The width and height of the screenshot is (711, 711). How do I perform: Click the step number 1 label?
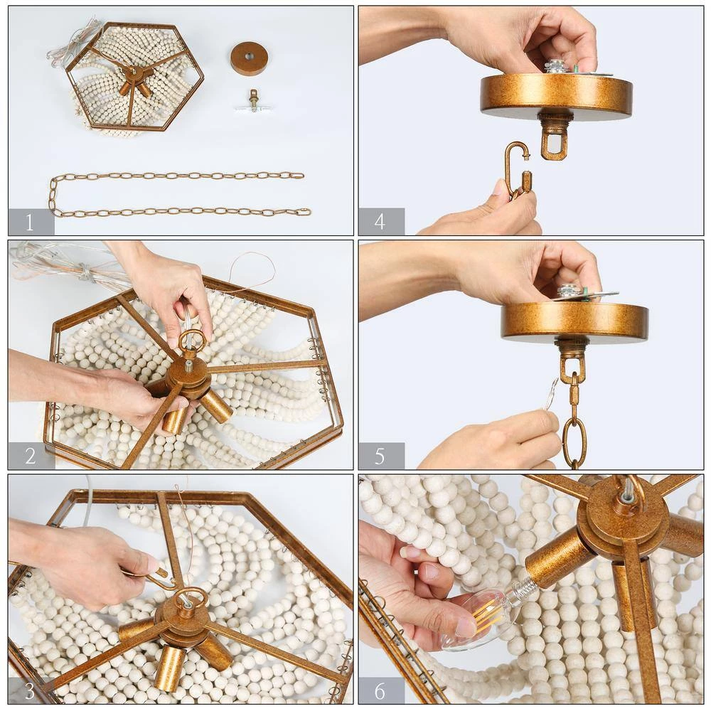coord(31,223)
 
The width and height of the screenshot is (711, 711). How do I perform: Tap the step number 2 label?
coord(31,456)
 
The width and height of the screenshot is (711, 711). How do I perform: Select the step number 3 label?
coord(31,690)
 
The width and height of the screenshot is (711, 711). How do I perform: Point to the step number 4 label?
coord(380,222)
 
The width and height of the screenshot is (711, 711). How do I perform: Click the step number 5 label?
coord(380,456)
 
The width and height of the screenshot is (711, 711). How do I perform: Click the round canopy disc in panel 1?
coord(250,58)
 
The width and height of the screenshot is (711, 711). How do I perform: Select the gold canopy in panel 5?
coord(574,321)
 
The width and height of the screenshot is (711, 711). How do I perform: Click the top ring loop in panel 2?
coord(192,341)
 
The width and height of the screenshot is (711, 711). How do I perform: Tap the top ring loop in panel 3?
coord(191,599)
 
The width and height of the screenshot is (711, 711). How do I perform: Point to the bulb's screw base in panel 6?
coord(520,589)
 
